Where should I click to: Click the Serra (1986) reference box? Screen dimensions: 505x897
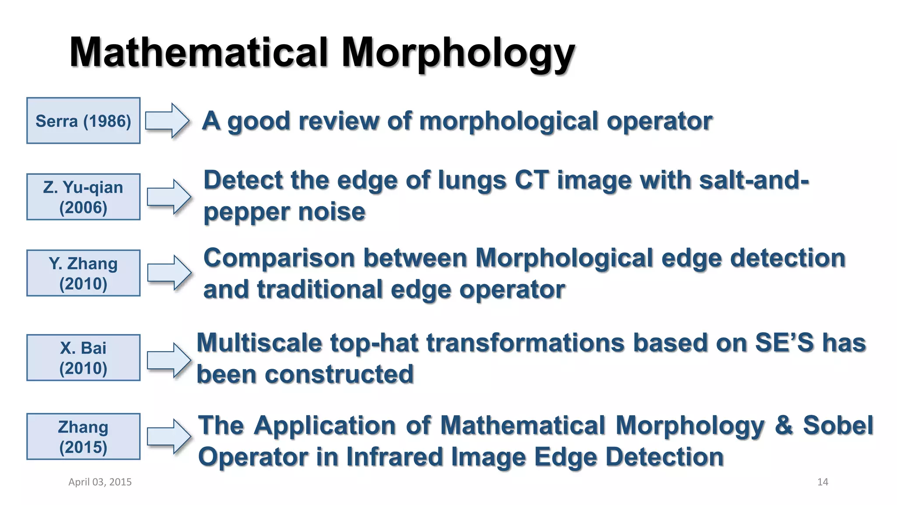83,121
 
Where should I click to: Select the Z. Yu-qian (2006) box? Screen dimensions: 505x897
83,197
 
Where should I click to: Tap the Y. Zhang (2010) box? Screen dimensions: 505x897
83,273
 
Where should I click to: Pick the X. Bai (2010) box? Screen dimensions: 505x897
83,358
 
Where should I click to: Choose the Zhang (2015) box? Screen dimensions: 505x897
83,437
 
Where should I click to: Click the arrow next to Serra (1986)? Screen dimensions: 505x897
167,121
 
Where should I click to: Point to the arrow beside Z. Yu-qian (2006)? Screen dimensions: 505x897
169,197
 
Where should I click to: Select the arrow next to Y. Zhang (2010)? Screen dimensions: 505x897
169,273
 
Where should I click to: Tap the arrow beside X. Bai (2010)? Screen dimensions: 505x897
169,360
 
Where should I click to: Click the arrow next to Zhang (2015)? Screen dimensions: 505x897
169,437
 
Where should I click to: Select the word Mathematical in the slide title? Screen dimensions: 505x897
199,53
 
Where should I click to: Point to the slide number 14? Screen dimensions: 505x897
823,482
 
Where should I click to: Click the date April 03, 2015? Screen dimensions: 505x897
100,482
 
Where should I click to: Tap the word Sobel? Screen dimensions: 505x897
838,425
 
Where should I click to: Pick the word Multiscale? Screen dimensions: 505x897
259,343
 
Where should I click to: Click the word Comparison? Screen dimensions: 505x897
279,259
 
